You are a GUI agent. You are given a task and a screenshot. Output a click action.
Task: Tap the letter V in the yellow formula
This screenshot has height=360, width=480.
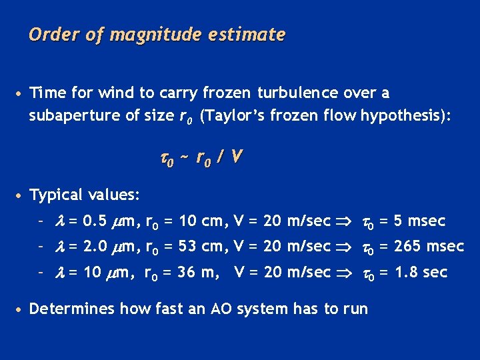[x=238, y=157]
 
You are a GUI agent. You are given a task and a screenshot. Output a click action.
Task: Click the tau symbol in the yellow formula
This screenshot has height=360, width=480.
[x=165, y=159]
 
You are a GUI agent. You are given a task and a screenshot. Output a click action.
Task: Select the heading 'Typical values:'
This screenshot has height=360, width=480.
[x=85, y=195]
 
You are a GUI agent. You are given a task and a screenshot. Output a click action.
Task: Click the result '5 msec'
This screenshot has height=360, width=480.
[x=418, y=221]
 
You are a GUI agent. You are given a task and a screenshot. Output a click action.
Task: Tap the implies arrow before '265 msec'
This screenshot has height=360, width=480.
[x=344, y=247]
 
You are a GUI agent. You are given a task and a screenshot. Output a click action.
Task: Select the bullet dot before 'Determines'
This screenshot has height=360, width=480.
[x=21, y=309]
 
